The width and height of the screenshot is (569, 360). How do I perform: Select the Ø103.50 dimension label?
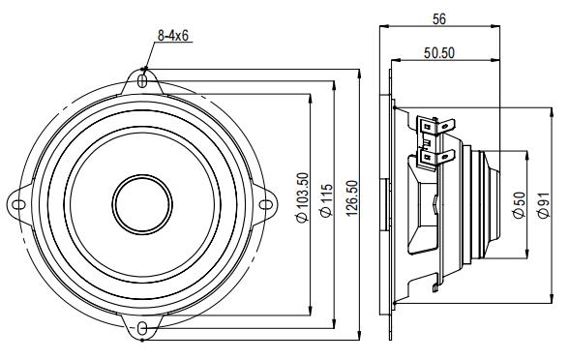[303, 200]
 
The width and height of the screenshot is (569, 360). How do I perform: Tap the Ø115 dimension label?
[326, 201]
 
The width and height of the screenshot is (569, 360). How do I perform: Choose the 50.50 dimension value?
[440, 52]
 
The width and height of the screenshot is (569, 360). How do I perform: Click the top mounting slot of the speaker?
[143, 83]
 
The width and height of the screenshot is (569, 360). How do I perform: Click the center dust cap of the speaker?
[143, 203]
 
